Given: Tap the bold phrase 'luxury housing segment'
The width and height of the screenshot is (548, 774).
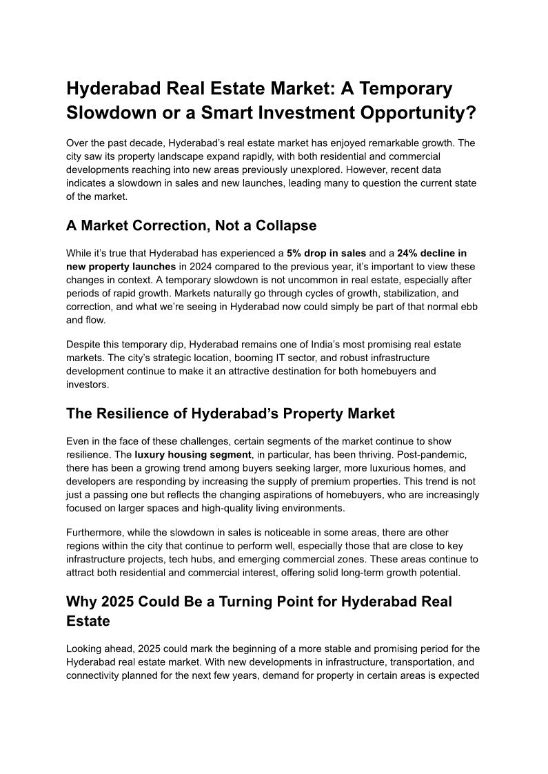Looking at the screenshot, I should coord(194,454).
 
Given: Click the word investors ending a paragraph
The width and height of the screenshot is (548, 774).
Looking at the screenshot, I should coord(87,385).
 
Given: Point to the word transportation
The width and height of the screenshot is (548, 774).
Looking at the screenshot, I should coord(396,662).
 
